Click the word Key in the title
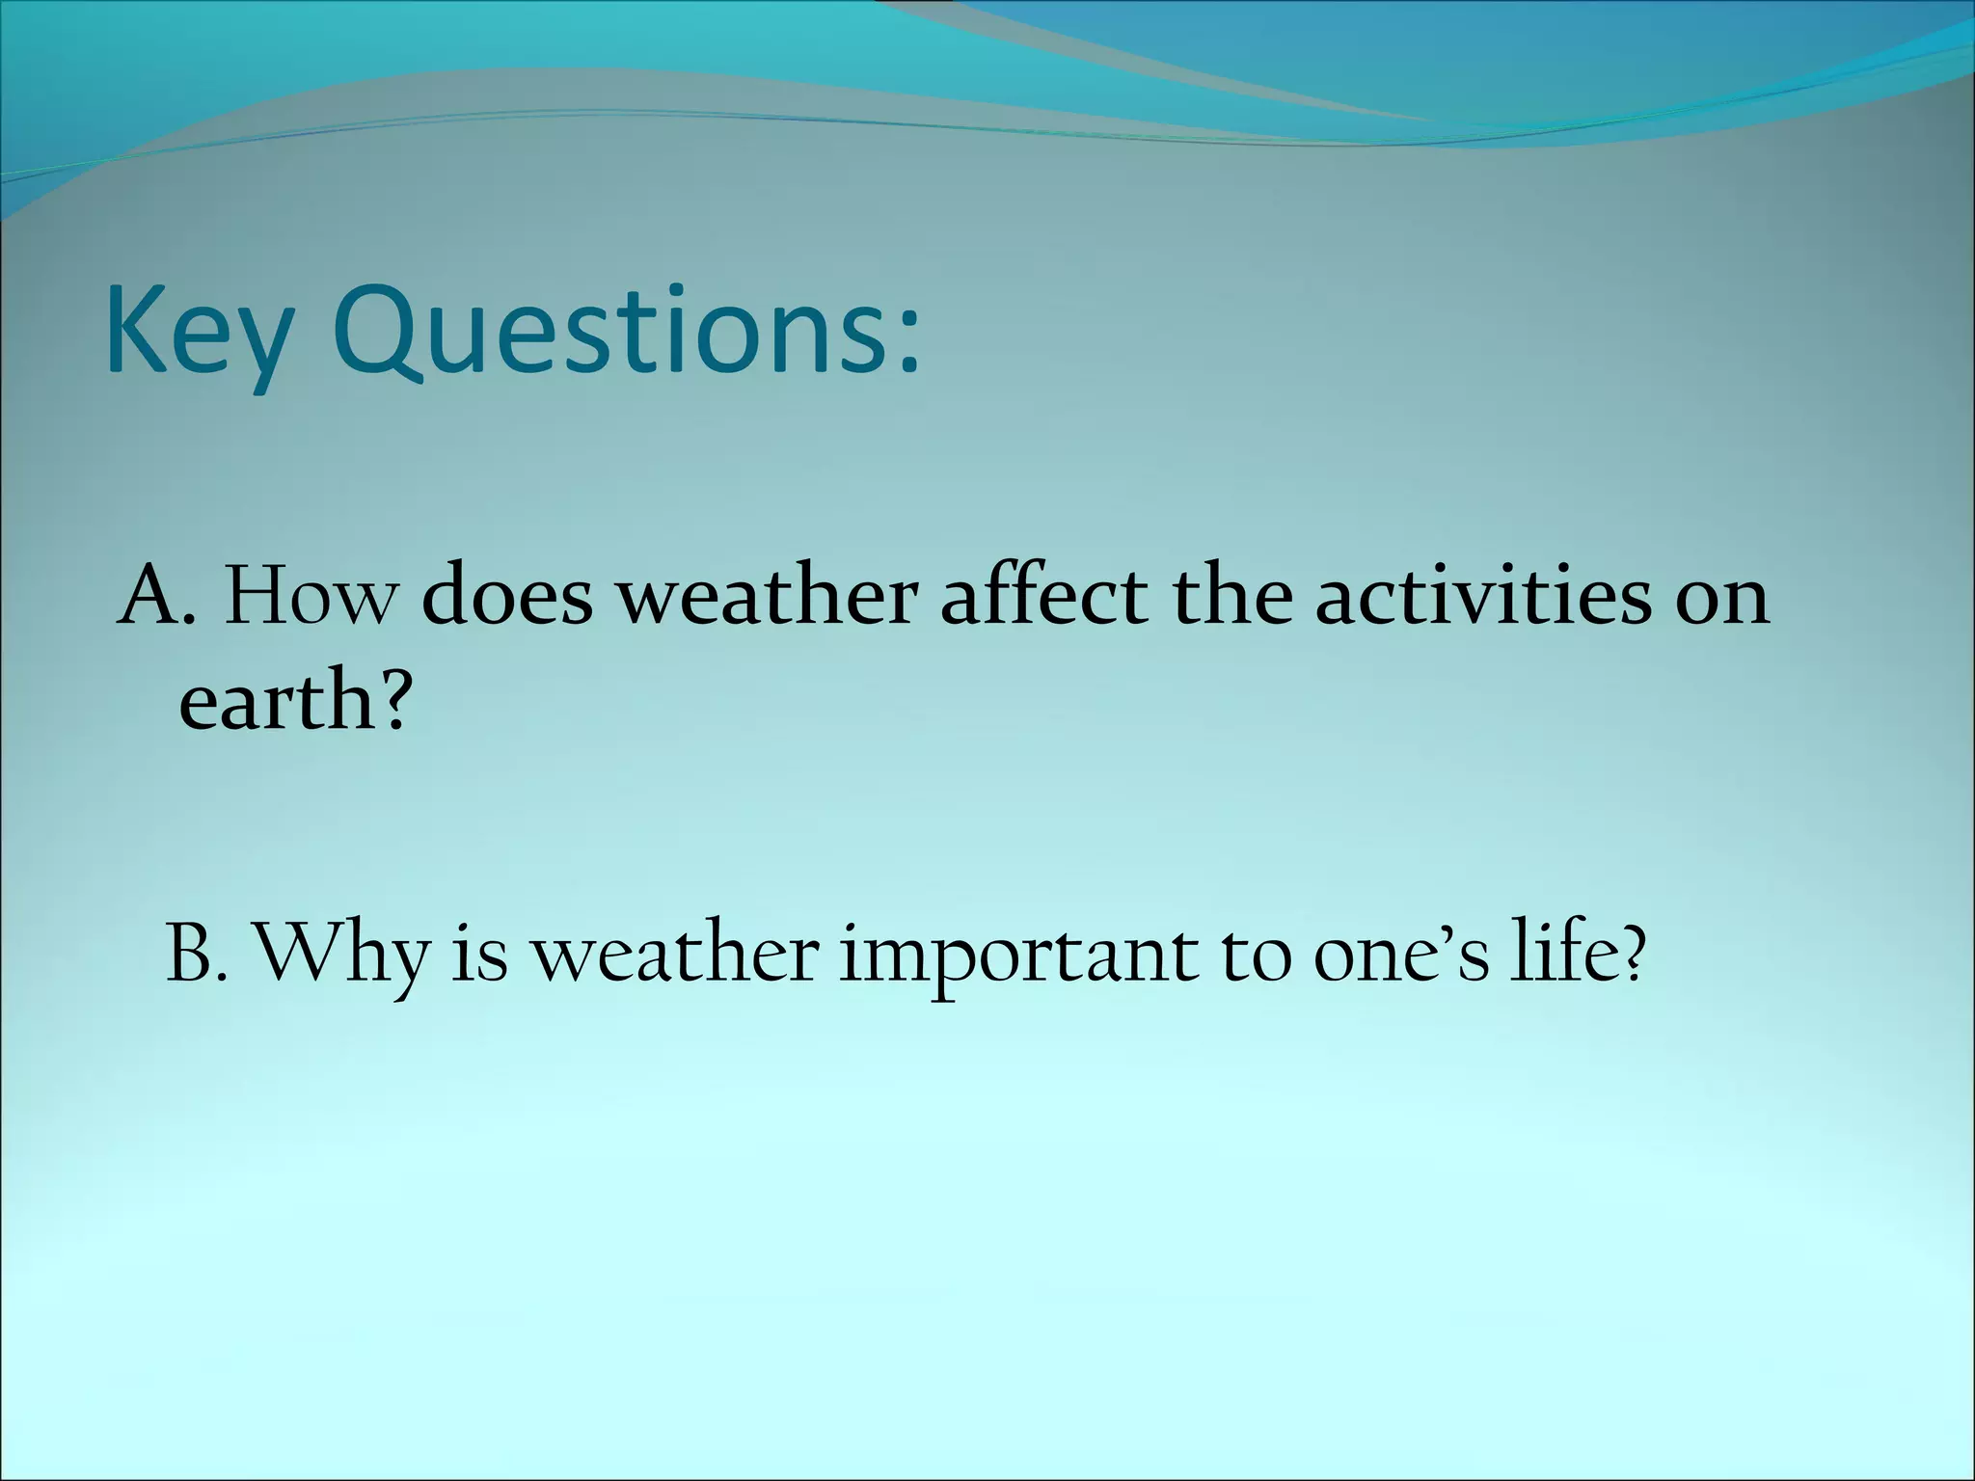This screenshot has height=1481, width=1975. [x=198, y=333]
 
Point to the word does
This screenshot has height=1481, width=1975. [x=507, y=598]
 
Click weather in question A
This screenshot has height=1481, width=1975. [x=766, y=598]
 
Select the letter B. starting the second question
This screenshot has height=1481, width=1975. [x=197, y=954]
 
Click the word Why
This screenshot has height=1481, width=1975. [x=342, y=954]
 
